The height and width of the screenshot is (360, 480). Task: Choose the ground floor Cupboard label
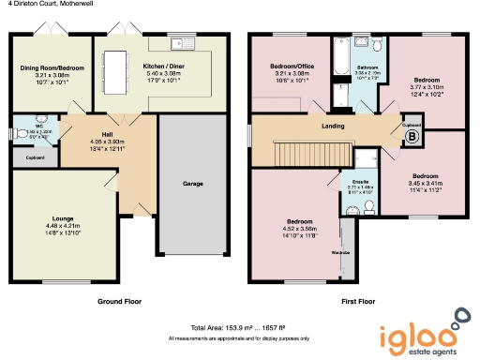click(x=34, y=157)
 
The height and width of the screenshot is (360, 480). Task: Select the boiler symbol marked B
click(x=409, y=137)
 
